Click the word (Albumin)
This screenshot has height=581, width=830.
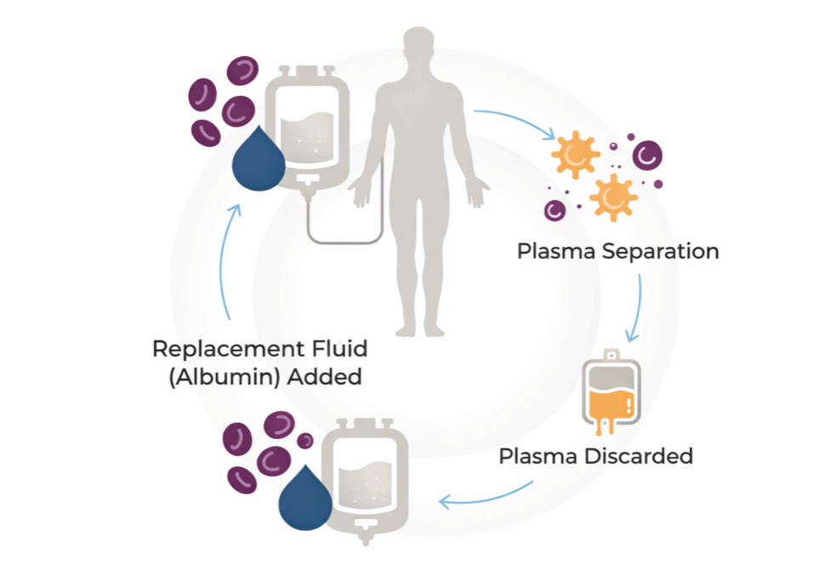pyautogui.click(x=223, y=376)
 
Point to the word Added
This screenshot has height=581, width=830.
pyautogui.click(x=324, y=376)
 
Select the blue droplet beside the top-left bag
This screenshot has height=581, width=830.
pyautogui.click(x=259, y=160)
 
